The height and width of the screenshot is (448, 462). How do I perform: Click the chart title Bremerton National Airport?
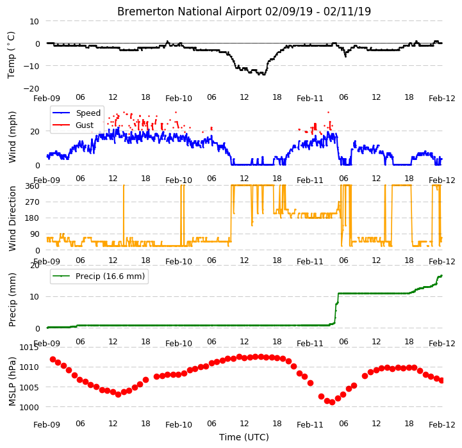pos(189,12)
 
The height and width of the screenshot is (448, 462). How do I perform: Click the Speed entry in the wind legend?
pos(88,113)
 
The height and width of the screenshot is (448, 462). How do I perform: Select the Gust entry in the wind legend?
pos(85,125)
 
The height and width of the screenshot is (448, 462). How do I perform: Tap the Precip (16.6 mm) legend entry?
pos(110,276)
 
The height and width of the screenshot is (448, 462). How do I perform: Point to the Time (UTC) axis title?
pos(244,437)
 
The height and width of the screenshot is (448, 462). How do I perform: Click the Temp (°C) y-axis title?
pos(11,55)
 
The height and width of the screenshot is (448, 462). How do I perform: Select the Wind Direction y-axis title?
pos(12,218)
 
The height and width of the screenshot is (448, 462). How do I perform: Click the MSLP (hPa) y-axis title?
pos(12,381)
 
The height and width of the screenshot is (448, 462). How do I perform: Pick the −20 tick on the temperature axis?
pos(31,88)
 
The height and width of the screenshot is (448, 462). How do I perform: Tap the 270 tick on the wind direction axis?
pos(33,202)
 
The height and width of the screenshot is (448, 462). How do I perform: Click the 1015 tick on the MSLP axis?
pos(29,348)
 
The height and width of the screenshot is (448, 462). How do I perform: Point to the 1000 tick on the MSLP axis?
pos(29,408)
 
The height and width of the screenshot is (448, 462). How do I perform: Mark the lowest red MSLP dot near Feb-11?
pos(333,403)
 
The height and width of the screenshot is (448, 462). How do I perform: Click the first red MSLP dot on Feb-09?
pos(53,359)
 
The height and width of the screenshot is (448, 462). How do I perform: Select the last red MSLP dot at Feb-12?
pos(441,381)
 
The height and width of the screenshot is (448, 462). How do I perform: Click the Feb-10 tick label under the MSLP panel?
pos(179,425)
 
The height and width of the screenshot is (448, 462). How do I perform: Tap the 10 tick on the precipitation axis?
pos(35,297)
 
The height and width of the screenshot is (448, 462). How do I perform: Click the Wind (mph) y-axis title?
pos(12,137)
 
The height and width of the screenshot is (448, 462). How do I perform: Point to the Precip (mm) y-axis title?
pos(12,300)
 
